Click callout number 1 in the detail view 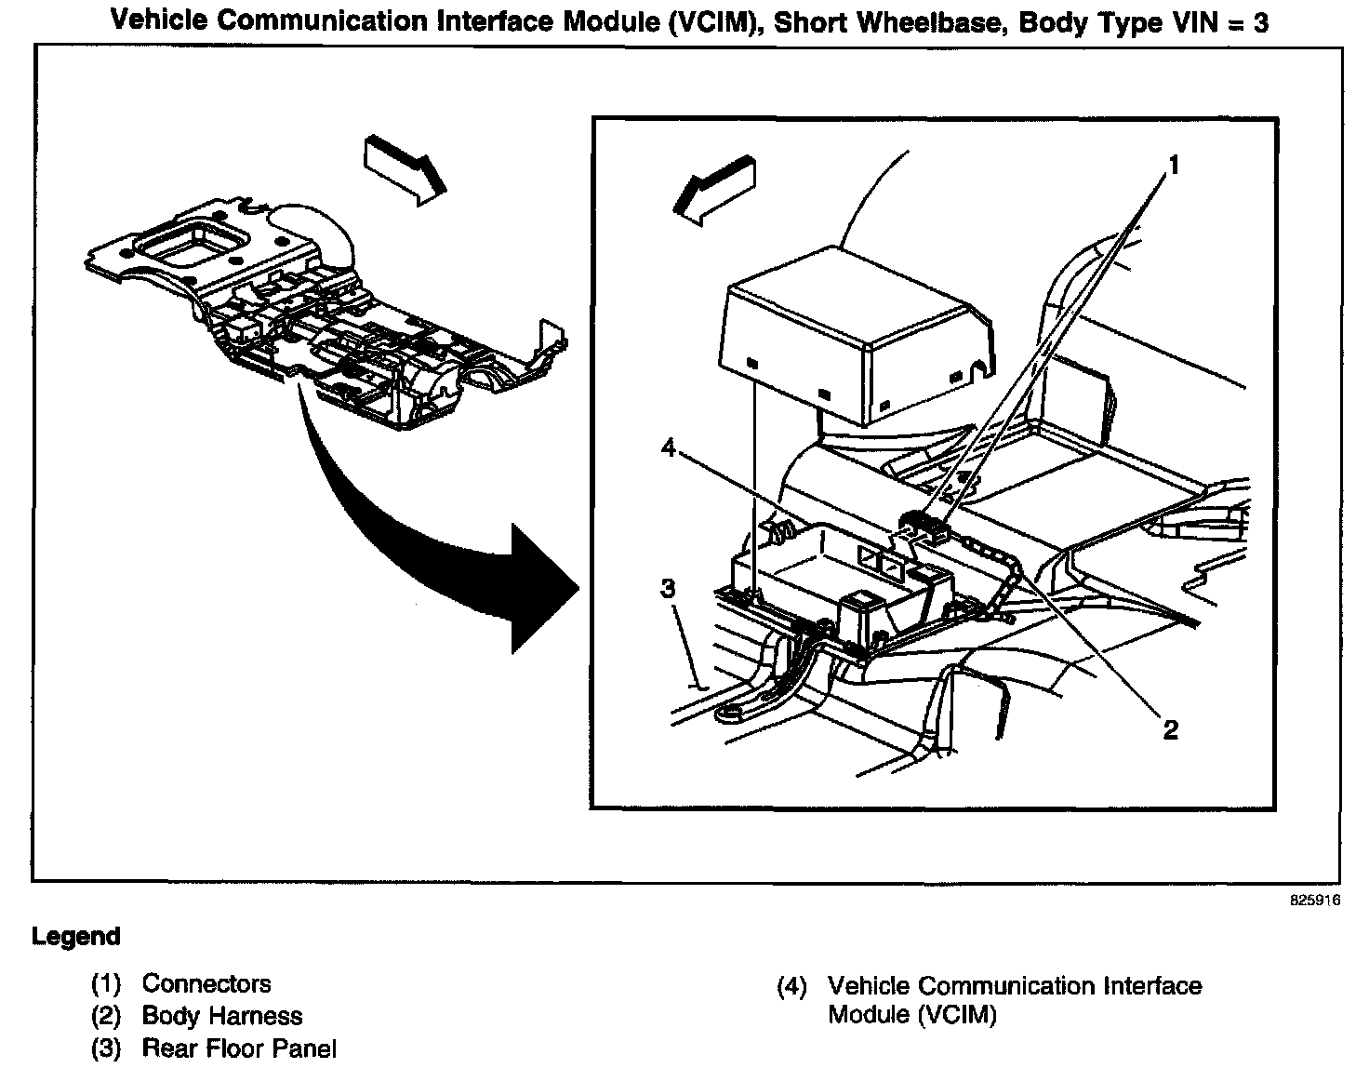[1174, 167]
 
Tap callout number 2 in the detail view [1171, 729]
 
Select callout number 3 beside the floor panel [670, 588]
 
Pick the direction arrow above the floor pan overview [404, 167]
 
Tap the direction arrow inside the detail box [715, 191]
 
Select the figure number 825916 [1313, 901]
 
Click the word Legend [76, 936]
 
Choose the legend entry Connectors [206, 984]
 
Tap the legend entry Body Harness [222, 1017]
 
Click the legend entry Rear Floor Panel [239, 1048]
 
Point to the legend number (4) [791, 986]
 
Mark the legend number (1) [105, 984]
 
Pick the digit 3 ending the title [1259, 22]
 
